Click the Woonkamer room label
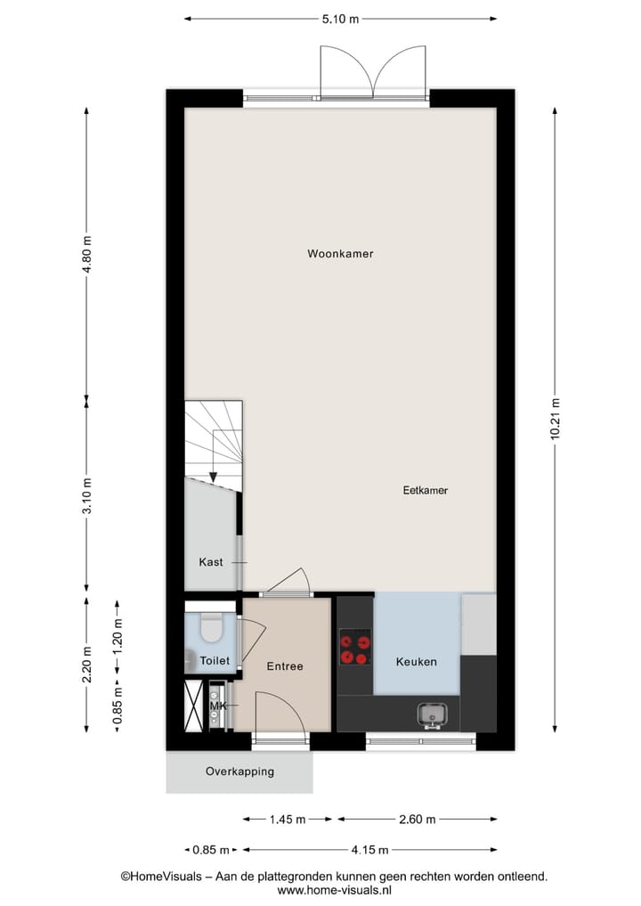340,254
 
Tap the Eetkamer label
425,491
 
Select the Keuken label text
416,662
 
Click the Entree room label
285,666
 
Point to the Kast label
211,562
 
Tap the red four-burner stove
355,647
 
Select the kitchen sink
434,714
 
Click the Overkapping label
239,771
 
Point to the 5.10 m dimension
341,18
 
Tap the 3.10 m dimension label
86,496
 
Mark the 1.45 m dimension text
288,820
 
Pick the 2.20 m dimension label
86,665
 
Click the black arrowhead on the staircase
213,477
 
